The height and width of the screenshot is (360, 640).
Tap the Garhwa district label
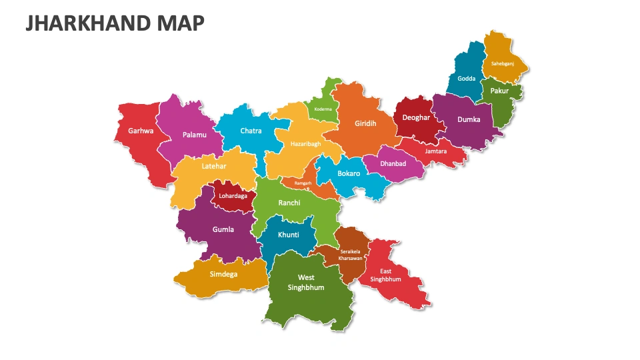point(141,131)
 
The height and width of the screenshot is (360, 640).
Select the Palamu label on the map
point(194,135)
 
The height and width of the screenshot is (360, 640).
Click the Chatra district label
point(251,131)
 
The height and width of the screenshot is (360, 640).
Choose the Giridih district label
point(365,123)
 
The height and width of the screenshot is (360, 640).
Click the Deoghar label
point(417,117)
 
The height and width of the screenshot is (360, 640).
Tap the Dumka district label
point(468,120)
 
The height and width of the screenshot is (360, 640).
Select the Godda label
point(467,79)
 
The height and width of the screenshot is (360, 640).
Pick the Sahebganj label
point(503,63)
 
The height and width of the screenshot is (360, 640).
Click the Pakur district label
point(499,91)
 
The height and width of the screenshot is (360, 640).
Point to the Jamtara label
point(435,151)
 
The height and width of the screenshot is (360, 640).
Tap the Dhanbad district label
point(393,163)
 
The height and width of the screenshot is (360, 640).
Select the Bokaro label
point(349,173)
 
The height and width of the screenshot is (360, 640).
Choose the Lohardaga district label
point(233,196)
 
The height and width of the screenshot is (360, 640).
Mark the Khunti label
point(288,235)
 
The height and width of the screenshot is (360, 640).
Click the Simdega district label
point(223,273)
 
